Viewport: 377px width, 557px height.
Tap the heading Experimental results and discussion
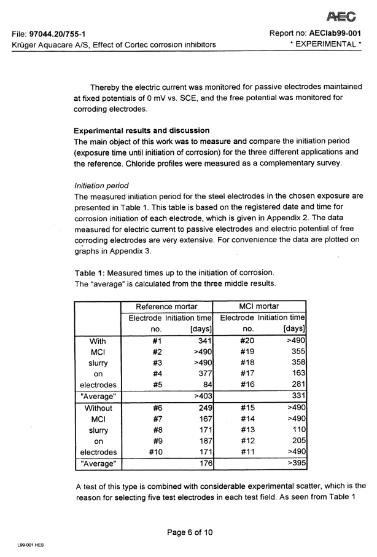click(x=142, y=130)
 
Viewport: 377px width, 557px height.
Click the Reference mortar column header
click(x=167, y=306)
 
